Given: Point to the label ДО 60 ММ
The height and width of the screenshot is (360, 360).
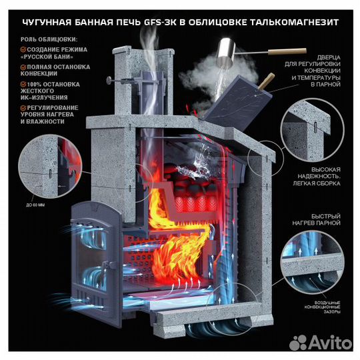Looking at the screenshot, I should click(x=31, y=205).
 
